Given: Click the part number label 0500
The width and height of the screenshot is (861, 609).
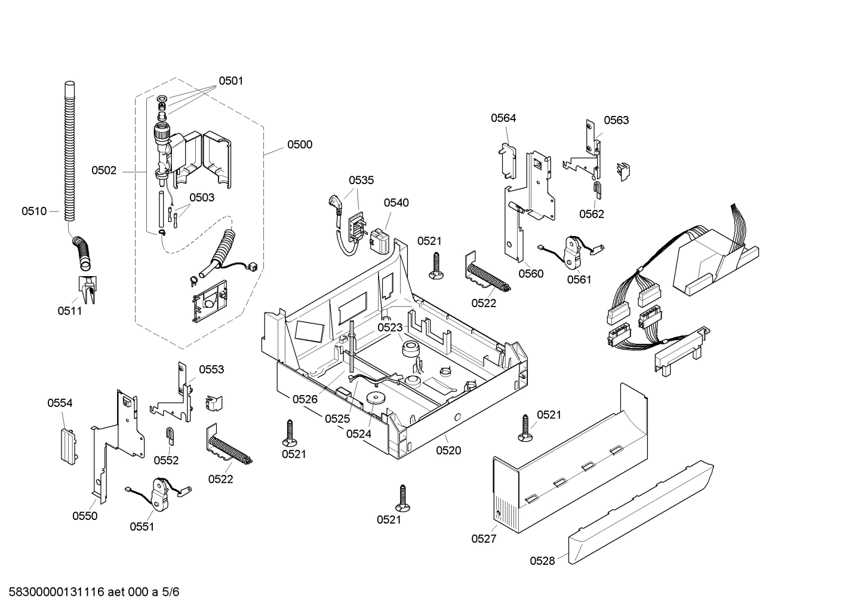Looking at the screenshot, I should click(299, 145).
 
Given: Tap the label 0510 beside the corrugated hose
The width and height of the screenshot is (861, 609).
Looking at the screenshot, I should click(34, 211).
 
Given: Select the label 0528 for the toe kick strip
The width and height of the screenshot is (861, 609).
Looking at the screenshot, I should click(542, 561).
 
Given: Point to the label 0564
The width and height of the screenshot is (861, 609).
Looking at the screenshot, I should click(503, 118).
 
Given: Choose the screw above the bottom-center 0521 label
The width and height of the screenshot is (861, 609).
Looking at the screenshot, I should click(405, 498).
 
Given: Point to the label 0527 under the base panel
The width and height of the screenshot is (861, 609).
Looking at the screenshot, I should click(484, 539).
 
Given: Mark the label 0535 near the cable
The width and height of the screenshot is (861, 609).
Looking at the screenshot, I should click(361, 180).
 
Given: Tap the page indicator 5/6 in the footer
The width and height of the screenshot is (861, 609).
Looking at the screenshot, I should click(171, 592).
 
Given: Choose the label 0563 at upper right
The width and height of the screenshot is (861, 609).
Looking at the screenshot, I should click(616, 120).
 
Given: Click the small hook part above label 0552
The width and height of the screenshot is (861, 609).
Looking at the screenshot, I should click(170, 436).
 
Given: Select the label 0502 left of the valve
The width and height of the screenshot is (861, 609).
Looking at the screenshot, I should click(104, 171).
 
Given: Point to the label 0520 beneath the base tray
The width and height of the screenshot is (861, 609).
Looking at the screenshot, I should click(448, 451).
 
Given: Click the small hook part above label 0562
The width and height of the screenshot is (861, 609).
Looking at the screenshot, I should click(597, 190).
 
